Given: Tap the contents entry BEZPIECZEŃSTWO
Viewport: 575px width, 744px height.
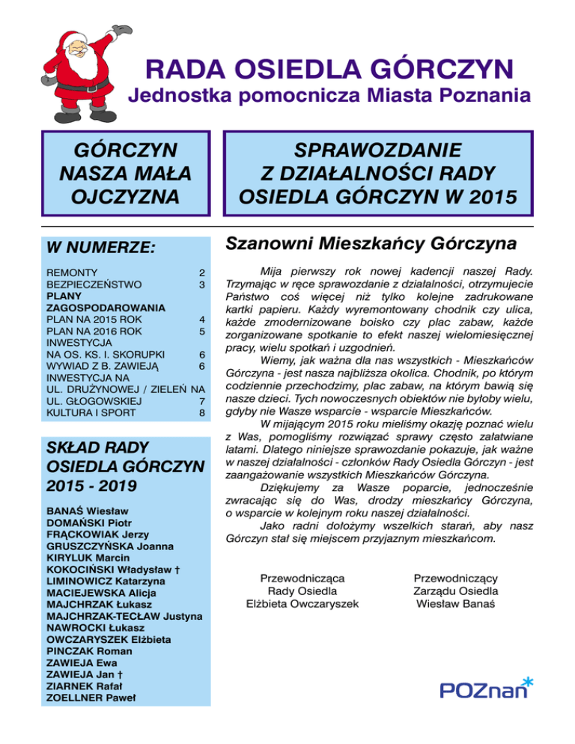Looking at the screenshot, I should [x=94, y=285].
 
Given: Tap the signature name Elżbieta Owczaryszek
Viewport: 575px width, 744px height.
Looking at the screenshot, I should [x=302, y=603].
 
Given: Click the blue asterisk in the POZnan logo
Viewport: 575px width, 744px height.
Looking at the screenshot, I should [x=529, y=680].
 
